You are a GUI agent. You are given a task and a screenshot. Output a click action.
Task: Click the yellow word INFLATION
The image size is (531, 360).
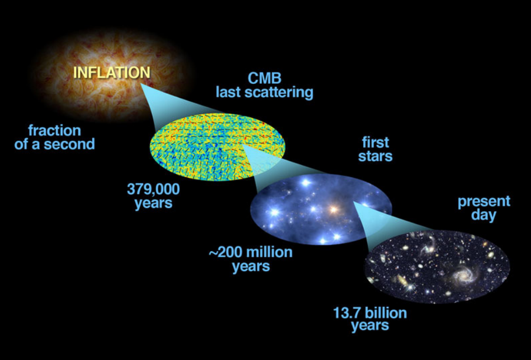(x=112, y=73)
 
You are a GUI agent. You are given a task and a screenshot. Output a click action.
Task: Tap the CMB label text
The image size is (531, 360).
(x=264, y=79)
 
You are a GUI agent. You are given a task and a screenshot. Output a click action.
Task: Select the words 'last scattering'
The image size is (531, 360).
(x=264, y=92)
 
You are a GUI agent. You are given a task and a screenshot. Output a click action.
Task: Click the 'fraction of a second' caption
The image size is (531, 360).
(x=55, y=138)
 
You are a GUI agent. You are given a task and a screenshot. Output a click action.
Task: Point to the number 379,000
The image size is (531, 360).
(x=153, y=190)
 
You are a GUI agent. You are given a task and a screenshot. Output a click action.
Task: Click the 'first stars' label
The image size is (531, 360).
(x=375, y=149)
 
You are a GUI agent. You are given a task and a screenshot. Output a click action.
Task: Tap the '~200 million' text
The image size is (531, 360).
(x=250, y=252)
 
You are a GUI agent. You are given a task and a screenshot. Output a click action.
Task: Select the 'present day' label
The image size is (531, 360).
(x=484, y=209)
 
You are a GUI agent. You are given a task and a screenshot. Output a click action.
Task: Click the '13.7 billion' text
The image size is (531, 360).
(x=370, y=312)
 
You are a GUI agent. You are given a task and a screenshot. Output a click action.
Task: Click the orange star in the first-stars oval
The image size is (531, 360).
(x=334, y=210)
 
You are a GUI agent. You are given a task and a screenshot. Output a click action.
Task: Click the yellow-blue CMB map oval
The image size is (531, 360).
(x=217, y=146)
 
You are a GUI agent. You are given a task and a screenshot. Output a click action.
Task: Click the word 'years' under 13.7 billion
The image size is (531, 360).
(x=370, y=326)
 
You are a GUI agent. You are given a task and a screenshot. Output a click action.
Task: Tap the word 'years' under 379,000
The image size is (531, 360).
(x=153, y=203)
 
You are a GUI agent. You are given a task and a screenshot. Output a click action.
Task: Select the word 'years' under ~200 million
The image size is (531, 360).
(x=251, y=266)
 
